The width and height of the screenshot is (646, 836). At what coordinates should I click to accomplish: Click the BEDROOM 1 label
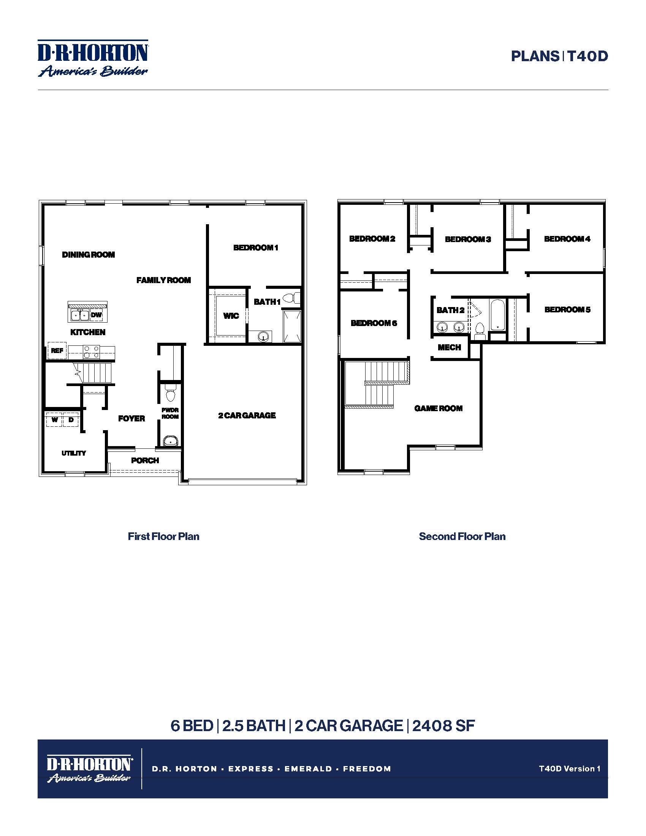coord(256,248)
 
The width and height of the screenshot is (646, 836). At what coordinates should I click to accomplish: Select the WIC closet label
coord(231,316)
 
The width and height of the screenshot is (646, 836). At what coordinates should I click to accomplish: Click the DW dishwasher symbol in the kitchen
coord(97,315)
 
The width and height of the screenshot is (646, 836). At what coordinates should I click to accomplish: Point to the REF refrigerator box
coord(57,351)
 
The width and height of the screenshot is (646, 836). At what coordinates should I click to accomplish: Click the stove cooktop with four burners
coord(92,352)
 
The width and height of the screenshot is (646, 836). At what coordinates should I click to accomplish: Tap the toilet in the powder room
coord(170,394)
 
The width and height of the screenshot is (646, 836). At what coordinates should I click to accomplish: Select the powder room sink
coord(170,441)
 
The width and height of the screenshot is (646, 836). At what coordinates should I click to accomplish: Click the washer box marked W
coord(55,420)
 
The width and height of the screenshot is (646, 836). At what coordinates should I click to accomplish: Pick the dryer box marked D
coord(71,420)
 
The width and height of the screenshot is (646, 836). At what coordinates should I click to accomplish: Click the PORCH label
coord(145,461)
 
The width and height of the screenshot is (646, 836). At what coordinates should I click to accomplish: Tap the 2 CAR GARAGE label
coord(247,415)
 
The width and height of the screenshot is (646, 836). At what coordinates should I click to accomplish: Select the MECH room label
coord(449,348)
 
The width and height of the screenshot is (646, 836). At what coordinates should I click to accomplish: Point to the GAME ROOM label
coord(438,408)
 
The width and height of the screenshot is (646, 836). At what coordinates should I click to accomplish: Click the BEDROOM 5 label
coord(567,310)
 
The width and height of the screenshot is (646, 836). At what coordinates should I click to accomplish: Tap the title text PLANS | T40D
coord(559,56)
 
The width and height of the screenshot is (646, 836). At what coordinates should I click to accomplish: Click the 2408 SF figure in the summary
coord(443,726)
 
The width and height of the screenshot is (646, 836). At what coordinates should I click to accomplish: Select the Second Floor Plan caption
coord(462,536)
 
